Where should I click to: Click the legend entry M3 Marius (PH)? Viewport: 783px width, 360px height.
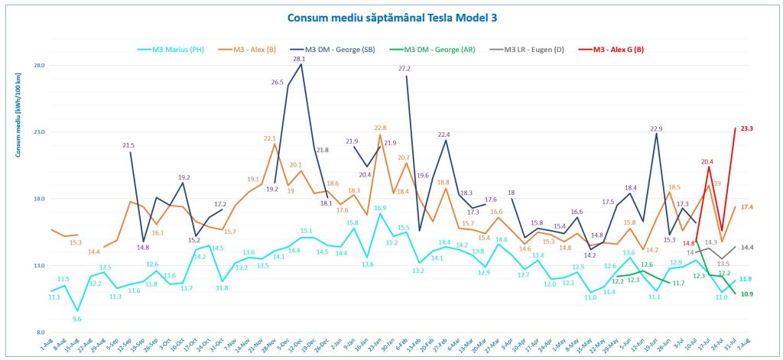pos(181,50)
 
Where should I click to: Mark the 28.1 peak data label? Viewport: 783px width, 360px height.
pos(300,59)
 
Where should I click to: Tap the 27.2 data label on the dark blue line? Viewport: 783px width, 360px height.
pos(404,69)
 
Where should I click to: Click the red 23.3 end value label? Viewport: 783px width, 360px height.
pos(748,128)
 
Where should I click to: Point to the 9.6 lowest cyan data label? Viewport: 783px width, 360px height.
pos(77,319)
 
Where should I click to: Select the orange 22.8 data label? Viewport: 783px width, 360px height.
pos(380,128)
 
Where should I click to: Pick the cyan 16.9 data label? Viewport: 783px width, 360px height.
pos(380,207)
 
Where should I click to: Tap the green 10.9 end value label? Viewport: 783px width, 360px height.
pos(747,294)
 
